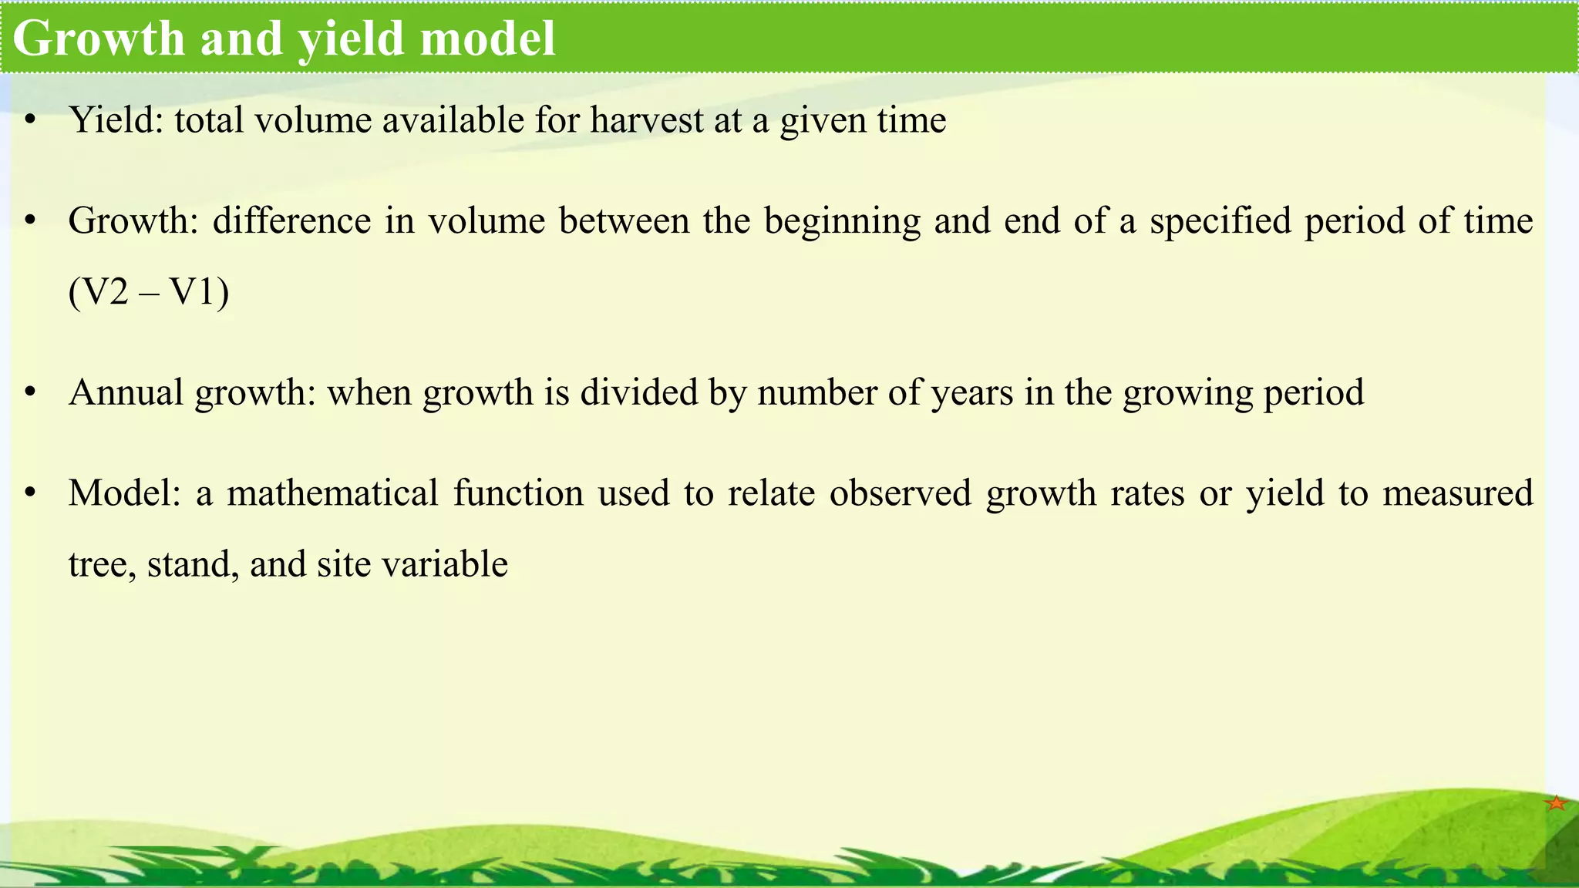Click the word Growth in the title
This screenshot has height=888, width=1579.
coord(99,38)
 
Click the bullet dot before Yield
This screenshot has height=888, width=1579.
coord(30,120)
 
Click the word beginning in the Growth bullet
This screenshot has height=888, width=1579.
coord(842,221)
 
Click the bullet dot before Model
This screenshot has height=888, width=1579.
coord(30,493)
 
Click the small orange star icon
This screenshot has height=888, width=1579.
coord(1556,803)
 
